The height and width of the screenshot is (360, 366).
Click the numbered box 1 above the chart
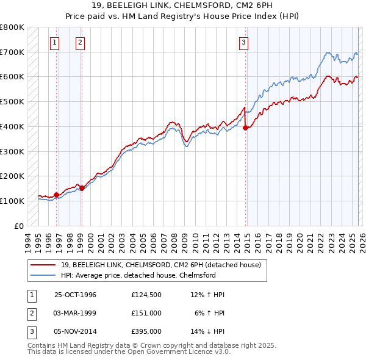click(x=55, y=42)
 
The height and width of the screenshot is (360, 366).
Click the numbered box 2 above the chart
click(x=80, y=42)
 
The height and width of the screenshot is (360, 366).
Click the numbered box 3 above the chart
click(x=243, y=42)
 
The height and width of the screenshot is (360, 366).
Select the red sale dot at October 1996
click(x=57, y=195)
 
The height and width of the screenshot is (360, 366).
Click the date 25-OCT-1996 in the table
click(x=75, y=295)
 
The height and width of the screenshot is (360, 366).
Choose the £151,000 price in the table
click(x=146, y=312)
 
